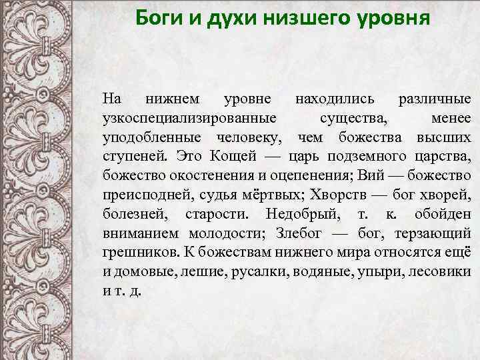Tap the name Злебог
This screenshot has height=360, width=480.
pos(291,234)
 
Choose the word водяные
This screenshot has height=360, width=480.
pos(331,272)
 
